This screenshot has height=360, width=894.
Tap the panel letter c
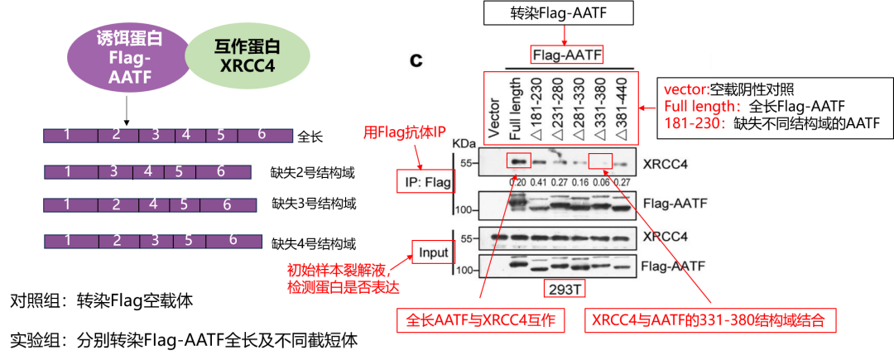tap(418, 60)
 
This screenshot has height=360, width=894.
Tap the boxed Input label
tap(432, 252)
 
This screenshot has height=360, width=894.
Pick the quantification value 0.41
tap(539, 182)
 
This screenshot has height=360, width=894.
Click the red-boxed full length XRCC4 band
tap(517, 161)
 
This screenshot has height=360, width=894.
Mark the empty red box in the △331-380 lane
tap(600, 161)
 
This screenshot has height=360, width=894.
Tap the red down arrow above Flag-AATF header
tap(566, 31)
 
